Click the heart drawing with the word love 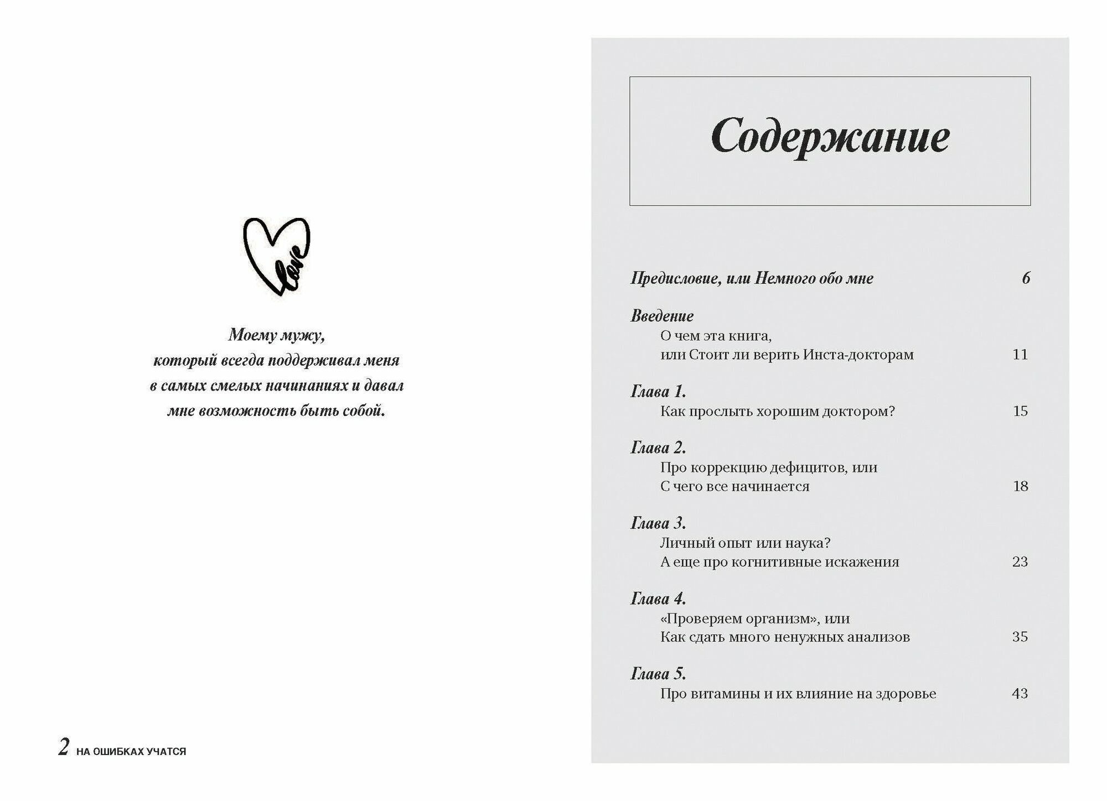pos(277,256)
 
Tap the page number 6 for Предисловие pos(1026,278)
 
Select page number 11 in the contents pos(1020,355)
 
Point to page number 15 pos(1020,412)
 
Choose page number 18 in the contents pos(1020,487)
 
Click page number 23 pos(1020,562)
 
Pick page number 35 pos(1020,637)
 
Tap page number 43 pos(1020,694)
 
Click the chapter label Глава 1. pos(658,392)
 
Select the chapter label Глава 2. pos(658,448)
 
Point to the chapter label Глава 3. pos(658,523)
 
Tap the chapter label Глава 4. pos(658,599)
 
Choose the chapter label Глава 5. pos(658,674)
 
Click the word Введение pos(662,316)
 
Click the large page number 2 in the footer pos(64,747)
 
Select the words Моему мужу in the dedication pos(276,335)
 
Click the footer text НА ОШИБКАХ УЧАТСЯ pos(131,752)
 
